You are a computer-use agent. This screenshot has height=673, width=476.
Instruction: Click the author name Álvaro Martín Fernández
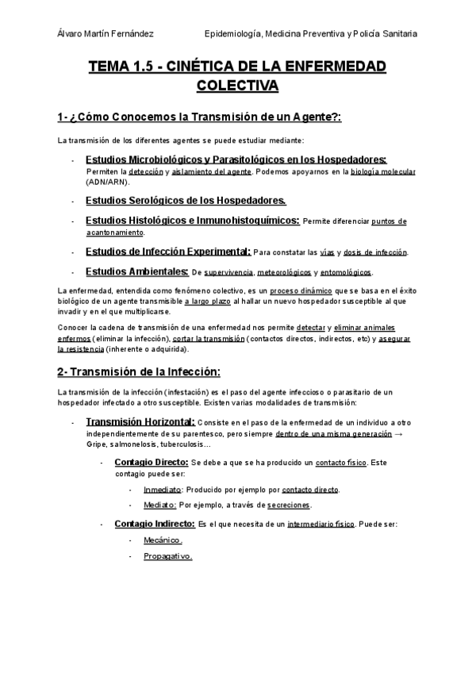(x=106, y=34)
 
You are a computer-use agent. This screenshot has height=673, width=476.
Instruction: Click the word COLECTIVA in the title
(x=237, y=85)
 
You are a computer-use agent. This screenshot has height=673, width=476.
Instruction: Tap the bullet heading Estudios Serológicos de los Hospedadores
(x=186, y=200)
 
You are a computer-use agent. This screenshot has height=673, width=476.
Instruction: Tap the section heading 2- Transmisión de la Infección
(x=138, y=372)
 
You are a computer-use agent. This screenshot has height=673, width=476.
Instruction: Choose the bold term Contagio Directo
(x=151, y=462)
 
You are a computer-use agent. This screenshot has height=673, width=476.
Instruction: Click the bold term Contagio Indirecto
(x=155, y=524)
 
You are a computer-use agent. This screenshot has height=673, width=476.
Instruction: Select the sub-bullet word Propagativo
(x=168, y=557)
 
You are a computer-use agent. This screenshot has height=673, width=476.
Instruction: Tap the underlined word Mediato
(x=159, y=505)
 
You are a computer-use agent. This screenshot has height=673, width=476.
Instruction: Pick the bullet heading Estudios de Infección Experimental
(x=168, y=252)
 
